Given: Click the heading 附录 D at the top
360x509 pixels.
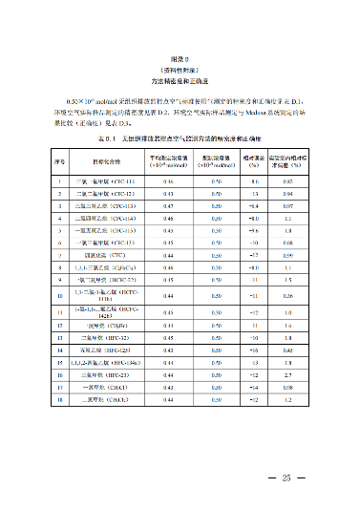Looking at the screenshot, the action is coord(180,58).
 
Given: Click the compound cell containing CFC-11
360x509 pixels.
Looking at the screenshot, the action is coord(107,180).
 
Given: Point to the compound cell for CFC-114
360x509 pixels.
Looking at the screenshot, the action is coord(107,218).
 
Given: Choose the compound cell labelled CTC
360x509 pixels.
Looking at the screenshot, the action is coord(107,255).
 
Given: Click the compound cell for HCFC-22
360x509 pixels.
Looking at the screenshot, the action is coord(107,280).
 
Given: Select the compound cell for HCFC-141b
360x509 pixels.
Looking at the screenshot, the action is coord(107,297).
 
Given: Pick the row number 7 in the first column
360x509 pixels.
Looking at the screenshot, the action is coord(59,255).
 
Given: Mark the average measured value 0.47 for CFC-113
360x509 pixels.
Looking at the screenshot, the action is coord(168,205).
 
